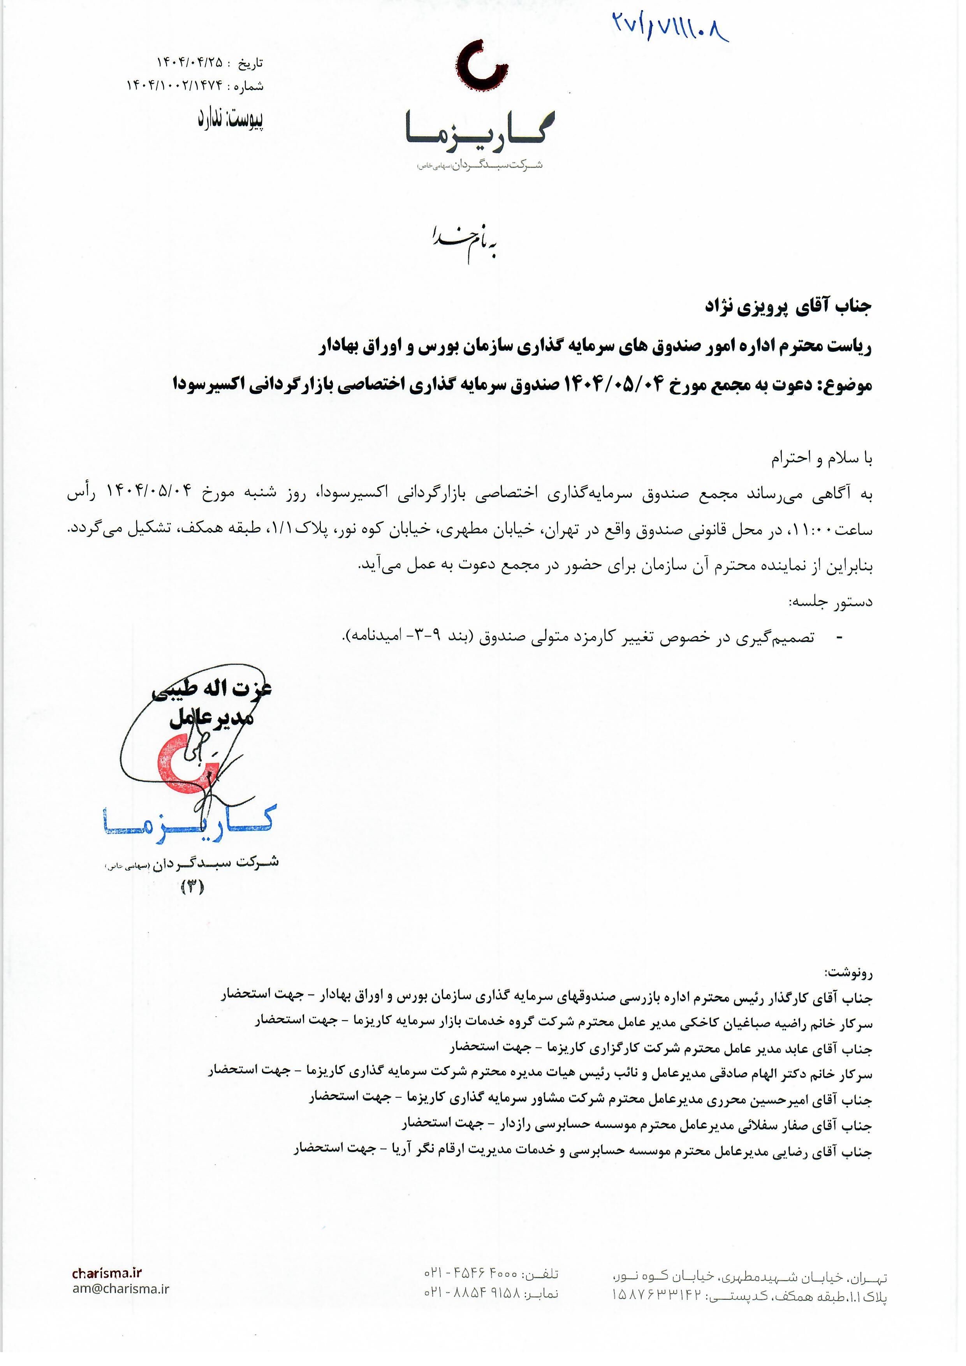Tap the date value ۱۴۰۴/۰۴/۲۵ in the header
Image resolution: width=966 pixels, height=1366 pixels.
[189, 62]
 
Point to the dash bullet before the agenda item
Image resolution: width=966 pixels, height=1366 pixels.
[839, 638]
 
